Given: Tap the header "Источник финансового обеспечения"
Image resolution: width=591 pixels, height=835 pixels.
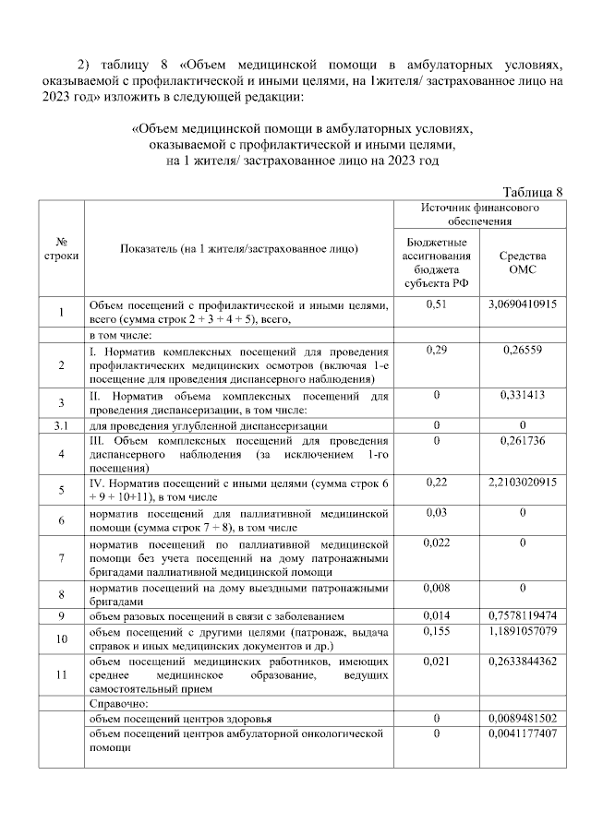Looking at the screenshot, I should [x=480, y=215].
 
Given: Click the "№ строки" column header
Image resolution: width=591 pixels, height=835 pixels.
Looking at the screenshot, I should [x=61, y=248].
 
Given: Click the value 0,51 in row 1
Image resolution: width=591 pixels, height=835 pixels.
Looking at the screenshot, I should [x=437, y=304].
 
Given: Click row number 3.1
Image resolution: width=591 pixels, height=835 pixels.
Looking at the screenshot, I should [x=61, y=425].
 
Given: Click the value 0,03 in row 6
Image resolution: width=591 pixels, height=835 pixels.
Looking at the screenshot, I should [x=437, y=511].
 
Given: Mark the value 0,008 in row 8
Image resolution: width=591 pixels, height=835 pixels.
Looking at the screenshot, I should [x=437, y=587].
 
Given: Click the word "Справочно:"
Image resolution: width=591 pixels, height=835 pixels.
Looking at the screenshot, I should [x=118, y=703].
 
